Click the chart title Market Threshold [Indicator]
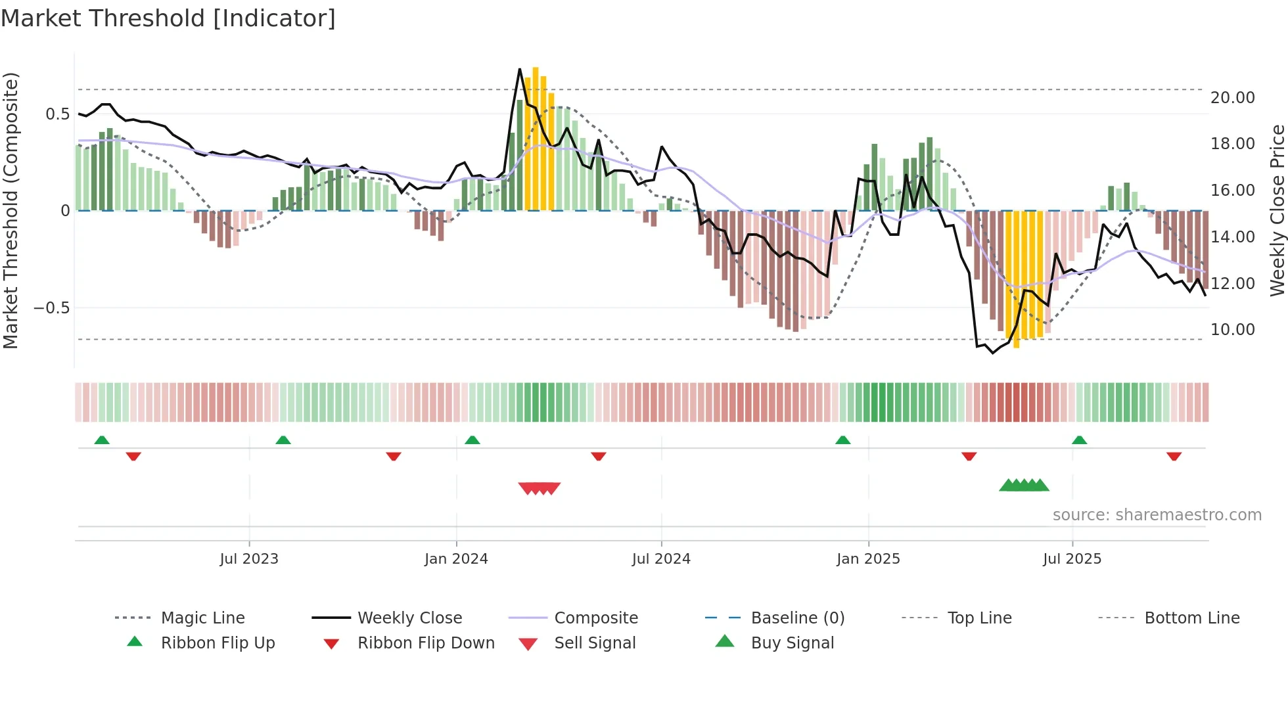(168, 18)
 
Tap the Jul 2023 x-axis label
(249, 558)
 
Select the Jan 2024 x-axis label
(456, 558)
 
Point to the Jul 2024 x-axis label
(661, 558)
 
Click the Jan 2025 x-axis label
(868, 558)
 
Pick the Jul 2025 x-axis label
(1072, 558)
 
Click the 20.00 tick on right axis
(1232, 97)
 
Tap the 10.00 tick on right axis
(1232, 329)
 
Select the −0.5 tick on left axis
(52, 307)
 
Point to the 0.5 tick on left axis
(58, 114)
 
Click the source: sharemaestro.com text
(1157, 514)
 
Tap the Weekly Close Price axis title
(1277, 210)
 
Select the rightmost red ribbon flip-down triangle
(1174, 456)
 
